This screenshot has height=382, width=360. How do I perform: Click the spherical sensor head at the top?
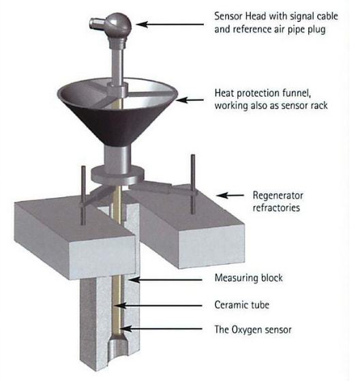(x=119, y=24)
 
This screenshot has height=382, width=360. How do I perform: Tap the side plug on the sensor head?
(x=97, y=23)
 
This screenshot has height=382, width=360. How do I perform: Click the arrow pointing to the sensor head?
(x=170, y=24)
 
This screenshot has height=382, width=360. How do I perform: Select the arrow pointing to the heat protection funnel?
(x=190, y=100)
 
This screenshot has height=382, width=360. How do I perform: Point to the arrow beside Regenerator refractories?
(x=230, y=195)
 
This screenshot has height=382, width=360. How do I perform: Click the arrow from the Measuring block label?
(x=166, y=280)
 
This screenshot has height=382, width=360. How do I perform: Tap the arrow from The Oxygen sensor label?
(x=161, y=329)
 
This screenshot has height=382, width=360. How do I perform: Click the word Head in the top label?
(x=256, y=16)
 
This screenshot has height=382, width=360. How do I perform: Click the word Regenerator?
(x=278, y=195)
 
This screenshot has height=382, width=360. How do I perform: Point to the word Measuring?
(x=236, y=278)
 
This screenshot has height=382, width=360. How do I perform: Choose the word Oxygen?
(x=246, y=330)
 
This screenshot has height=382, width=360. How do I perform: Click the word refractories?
(x=276, y=208)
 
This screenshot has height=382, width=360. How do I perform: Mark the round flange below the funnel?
(x=117, y=175)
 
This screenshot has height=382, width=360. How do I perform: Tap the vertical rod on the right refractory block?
(x=193, y=184)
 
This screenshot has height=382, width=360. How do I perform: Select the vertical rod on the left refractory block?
(x=83, y=195)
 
